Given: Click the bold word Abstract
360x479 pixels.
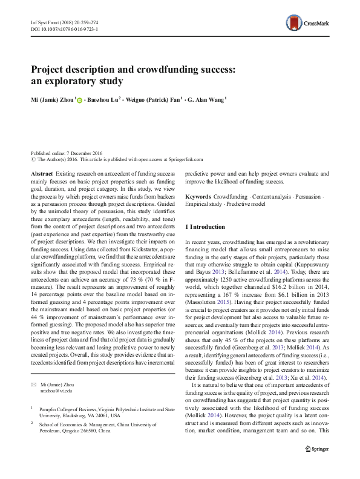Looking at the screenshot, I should click(x=41, y=174).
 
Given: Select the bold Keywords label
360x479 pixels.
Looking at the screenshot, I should click(x=198, y=197).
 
